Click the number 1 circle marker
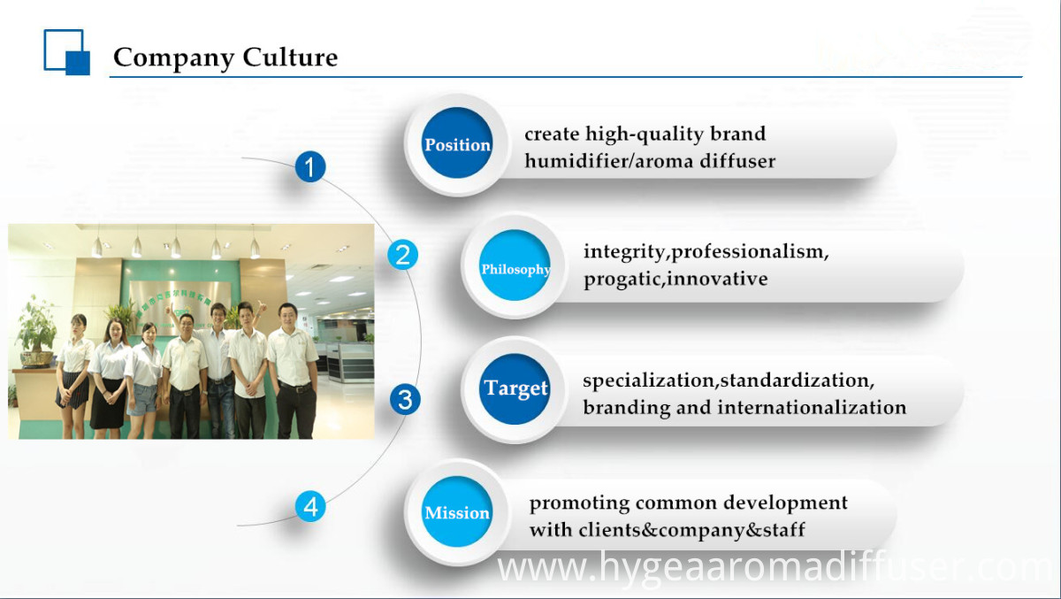click(310, 167)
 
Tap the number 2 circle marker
click(402, 255)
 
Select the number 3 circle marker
click(405, 400)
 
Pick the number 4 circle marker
click(310, 506)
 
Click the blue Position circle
click(457, 143)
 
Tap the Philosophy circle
click(515, 265)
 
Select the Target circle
click(515, 388)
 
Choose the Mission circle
click(457, 511)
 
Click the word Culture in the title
click(290, 57)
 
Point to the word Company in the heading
click(174, 58)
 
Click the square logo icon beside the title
click(67, 52)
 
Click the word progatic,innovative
click(676, 279)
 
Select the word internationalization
click(812, 407)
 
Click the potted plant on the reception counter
click(36, 332)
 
